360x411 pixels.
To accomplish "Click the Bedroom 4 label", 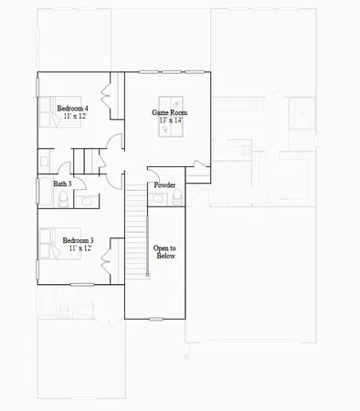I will (x=72, y=109).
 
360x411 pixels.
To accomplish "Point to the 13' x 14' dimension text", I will (x=171, y=121).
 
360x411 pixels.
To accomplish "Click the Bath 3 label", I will (x=63, y=184).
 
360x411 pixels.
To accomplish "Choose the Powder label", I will (x=164, y=185).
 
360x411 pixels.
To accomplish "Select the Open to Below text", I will (x=164, y=252).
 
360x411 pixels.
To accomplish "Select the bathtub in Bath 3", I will (x=45, y=195).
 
